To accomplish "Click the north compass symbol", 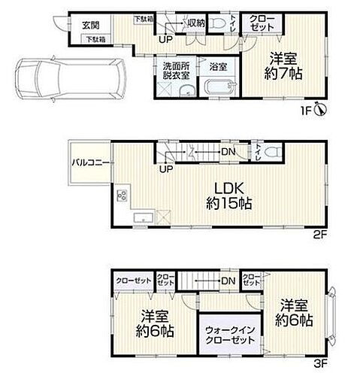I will [320, 111].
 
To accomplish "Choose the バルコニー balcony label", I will [88, 162].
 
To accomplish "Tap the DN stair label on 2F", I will [225, 152].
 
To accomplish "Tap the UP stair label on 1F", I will [164, 39].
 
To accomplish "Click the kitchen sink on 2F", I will [141, 217].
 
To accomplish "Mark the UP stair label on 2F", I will [164, 168].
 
